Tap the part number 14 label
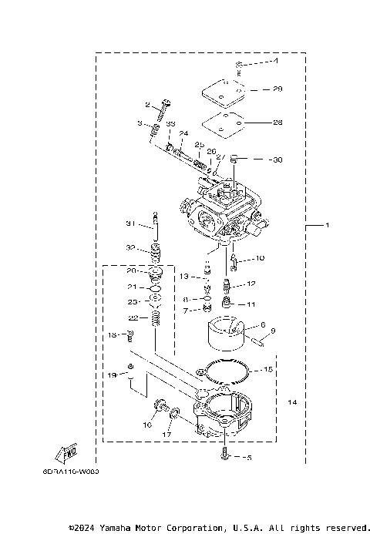(x=292, y=403)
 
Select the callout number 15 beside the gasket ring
(x=268, y=369)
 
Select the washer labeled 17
(x=175, y=417)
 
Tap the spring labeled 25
(x=199, y=163)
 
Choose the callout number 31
(x=130, y=223)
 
